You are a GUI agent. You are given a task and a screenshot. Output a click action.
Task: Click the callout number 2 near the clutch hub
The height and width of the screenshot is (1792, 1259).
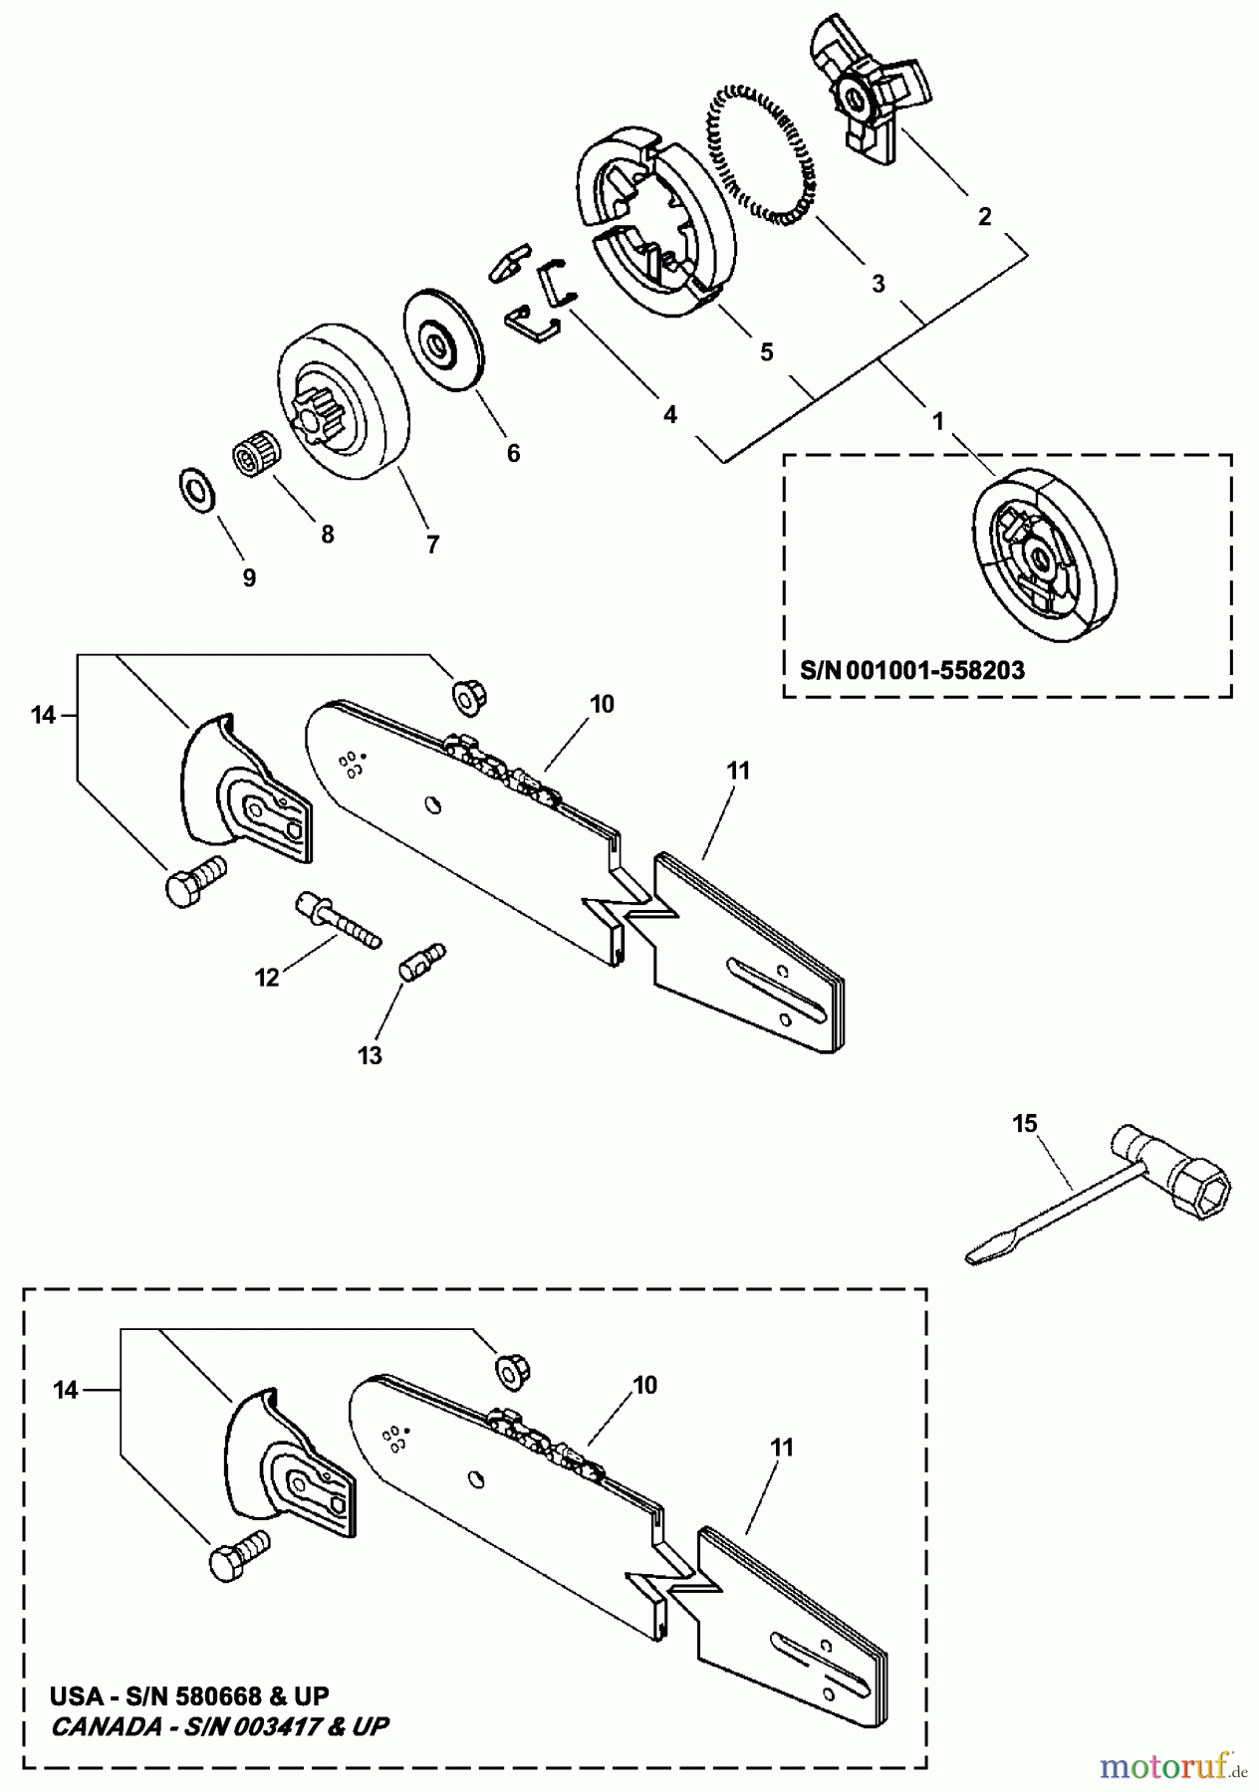pos(984,216)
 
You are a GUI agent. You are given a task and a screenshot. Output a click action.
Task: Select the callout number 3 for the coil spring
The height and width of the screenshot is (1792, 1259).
pos(878,284)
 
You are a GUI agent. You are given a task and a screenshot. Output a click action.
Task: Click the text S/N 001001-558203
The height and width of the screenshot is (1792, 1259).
pos(912,670)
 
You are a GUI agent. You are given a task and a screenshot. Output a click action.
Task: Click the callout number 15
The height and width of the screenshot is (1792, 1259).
pos(1025,1123)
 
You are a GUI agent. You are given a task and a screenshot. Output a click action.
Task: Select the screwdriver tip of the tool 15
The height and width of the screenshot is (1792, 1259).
pos(982,1251)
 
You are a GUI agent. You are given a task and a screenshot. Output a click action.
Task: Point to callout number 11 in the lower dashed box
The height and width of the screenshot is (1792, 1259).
pos(783,1447)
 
